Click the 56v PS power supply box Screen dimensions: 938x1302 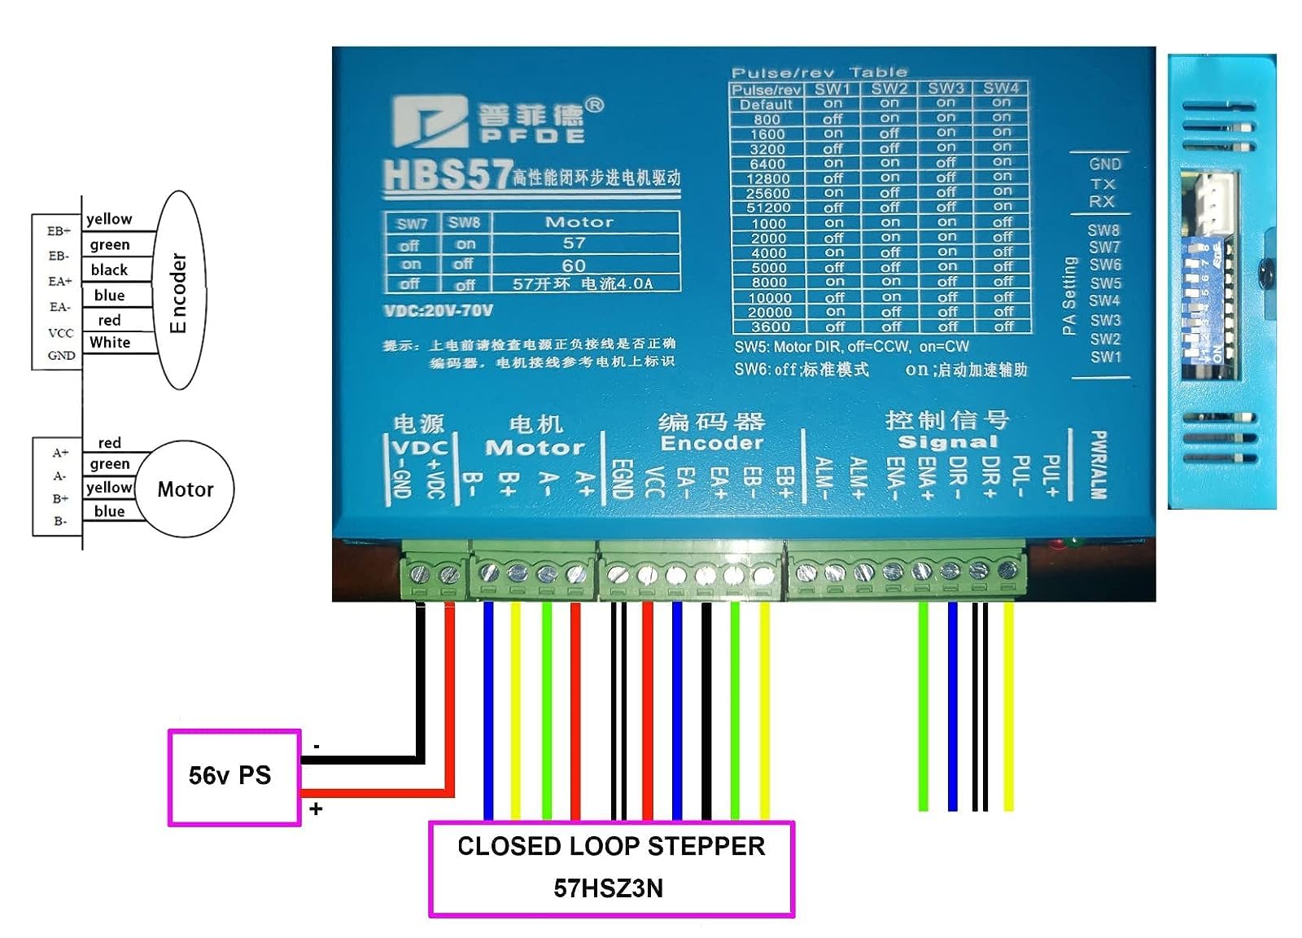[x=234, y=777]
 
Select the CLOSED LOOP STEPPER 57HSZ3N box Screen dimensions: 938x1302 [x=610, y=868]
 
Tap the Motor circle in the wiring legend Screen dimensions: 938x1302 [x=185, y=489]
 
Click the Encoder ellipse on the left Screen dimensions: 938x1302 [x=178, y=291]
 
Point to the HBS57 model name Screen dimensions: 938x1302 [x=446, y=174]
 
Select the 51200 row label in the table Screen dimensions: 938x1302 [x=767, y=208]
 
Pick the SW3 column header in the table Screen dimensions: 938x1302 [x=946, y=88]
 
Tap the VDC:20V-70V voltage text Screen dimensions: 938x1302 [x=438, y=310]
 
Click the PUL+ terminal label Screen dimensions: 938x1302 [x=1050, y=476]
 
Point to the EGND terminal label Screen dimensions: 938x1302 [x=620, y=478]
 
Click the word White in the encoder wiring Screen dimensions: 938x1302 [x=110, y=343]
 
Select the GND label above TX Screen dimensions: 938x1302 [x=1104, y=164]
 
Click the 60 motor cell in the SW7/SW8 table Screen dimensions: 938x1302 [x=574, y=265]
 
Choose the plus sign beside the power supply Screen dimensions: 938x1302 [x=316, y=809]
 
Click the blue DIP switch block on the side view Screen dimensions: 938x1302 [x=1208, y=301]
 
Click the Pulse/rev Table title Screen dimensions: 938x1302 [x=819, y=72]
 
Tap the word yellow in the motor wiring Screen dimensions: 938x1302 [x=109, y=487]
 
